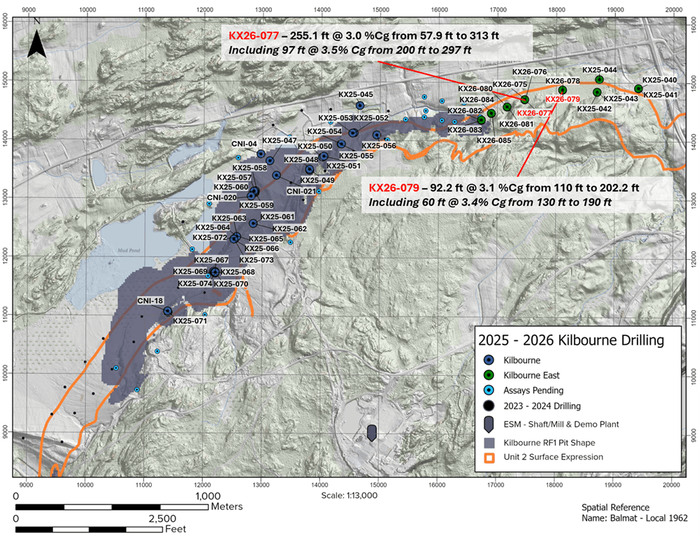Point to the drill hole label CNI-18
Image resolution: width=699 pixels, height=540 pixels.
[x=150, y=301]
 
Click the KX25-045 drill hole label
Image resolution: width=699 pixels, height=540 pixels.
[x=355, y=94]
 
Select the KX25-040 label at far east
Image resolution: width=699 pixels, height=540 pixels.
[x=659, y=80]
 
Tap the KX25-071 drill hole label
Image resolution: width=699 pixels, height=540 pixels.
[x=189, y=321]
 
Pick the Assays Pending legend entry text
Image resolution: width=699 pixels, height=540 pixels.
[x=532, y=391]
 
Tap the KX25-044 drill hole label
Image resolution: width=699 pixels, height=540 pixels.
[x=599, y=71]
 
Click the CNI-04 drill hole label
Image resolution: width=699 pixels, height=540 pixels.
[x=245, y=144]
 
